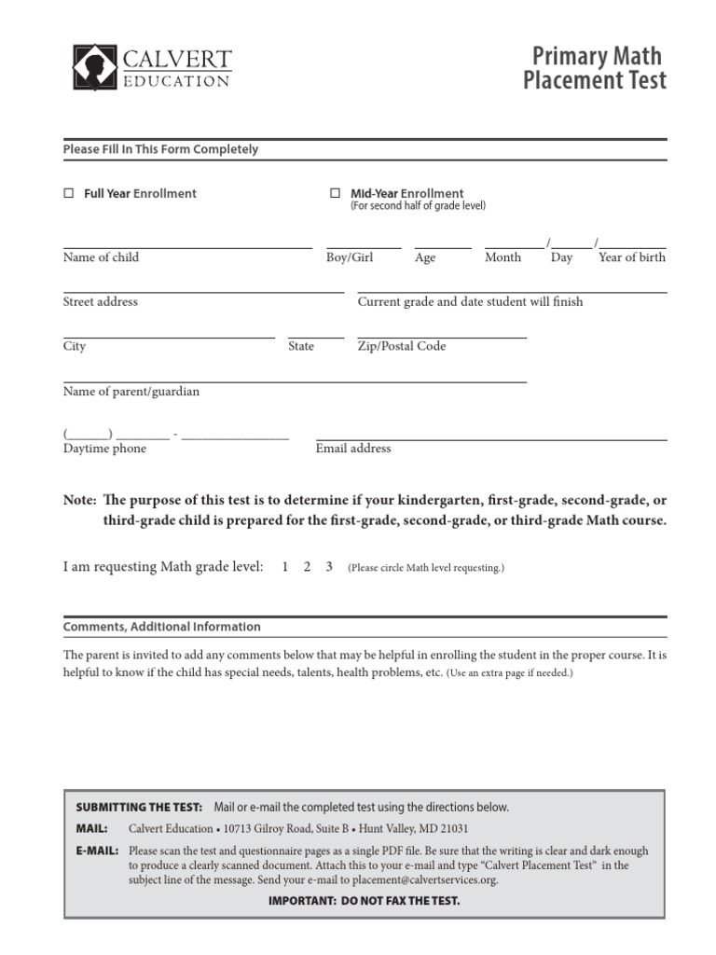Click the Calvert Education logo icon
pyautogui.click(x=95, y=67)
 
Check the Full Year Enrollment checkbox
pyautogui.click(x=68, y=194)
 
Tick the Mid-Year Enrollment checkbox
pyautogui.click(x=335, y=194)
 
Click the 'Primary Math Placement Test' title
pyautogui.click(x=594, y=68)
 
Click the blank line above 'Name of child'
pyautogui.click(x=186, y=247)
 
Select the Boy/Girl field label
pyautogui.click(x=350, y=257)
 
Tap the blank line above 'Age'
pyautogui.click(x=443, y=247)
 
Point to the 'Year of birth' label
pyautogui.click(x=632, y=257)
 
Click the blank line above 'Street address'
pyautogui.click(x=203, y=292)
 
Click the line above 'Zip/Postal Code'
pyautogui.click(x=442, y=337)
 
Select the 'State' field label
pyautogui.click(x=301, y=346)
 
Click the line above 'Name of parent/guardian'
pyautogui.click(x=295, y=381)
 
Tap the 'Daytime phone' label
pyautogui.click(x=104, y=449)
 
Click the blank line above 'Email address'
pyautogui.click(x=491, y=438)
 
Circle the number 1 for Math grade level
pyautogui.click(x=284, y=567)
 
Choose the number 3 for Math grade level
pyautogui.click(x=329, y=567)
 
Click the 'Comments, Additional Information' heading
pyautogui.click(x=162, y=627)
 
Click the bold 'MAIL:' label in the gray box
pyautogui.click(x=91, y=828)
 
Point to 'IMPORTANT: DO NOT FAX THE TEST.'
pyautogui.click(x=364, y=901)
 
